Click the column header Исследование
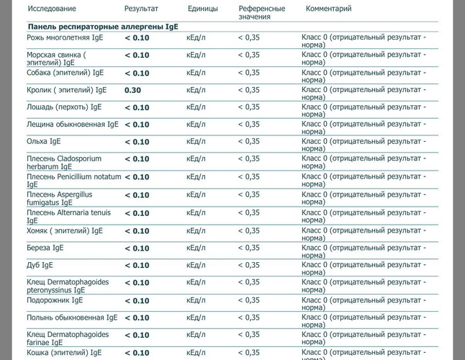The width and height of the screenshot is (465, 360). point(52,9)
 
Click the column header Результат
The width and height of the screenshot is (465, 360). point(141,9)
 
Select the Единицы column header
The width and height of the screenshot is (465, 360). point(203,9)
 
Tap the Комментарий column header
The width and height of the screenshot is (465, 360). point(328,9)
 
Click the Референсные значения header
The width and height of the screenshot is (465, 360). point(262,12)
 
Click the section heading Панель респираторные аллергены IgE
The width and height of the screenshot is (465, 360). point(103,27)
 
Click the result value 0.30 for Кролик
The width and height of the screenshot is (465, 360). point(132,90)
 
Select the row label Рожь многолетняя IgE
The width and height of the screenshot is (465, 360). point(65,37)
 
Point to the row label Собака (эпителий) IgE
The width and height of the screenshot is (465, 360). point(66,73)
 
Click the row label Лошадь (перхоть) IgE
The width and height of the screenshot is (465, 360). point(64,107)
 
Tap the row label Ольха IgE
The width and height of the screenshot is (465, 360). point(44,141)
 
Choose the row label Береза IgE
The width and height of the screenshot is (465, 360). point(45,248)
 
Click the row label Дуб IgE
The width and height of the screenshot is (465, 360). point(40,265)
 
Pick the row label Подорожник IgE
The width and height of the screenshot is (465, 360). point(55,300)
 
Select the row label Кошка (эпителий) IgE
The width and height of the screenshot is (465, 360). point(64,353)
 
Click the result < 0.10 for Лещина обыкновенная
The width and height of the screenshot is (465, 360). point(137,125)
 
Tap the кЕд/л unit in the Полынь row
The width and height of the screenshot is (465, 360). point(196,318)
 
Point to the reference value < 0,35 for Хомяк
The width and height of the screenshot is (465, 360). point(249,230)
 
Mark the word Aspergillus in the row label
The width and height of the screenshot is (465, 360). point(74,195)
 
